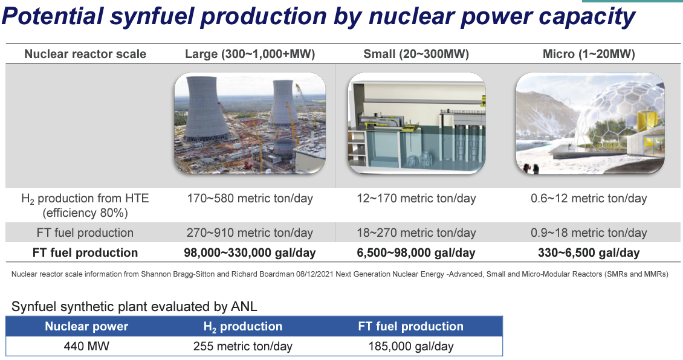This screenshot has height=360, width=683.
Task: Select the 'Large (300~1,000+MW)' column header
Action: [x=250, y=54]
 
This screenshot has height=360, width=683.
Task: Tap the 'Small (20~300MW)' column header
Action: [x=416, y=54]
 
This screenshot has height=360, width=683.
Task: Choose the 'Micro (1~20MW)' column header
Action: [x=589, y=54]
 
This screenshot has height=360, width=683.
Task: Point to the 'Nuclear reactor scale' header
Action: [x=85, y=54]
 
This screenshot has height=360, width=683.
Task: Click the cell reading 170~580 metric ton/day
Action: [x=250, y=199]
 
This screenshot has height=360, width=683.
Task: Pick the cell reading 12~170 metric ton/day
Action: [x=416, y=199]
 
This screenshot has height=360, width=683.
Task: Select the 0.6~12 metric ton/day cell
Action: [x=589, y=199]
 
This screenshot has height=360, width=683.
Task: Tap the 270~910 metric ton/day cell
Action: [x=250, y=233]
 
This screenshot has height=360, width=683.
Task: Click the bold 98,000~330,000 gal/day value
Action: [x=250, y=253]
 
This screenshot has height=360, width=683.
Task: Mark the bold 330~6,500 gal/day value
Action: [x=589, y=253]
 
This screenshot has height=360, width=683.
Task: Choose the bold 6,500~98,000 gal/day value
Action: [x=416, y=253]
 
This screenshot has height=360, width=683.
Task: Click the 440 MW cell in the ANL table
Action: [x=86, y=347]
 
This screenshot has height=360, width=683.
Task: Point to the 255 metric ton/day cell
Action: [x=242, y=347]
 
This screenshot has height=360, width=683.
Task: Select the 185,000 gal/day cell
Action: [x=411, y=347]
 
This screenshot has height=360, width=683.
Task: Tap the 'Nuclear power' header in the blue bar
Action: [x=86, y=327]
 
